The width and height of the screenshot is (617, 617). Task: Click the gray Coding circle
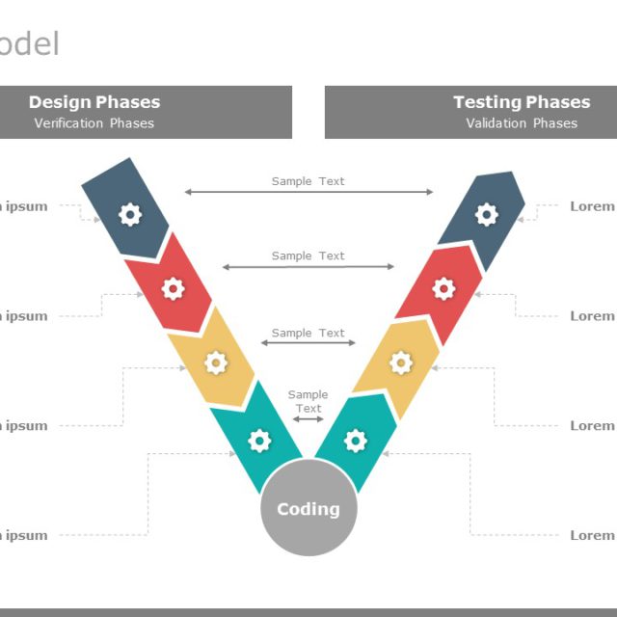coord(308,508)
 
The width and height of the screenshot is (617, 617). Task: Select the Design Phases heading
coord(94,102)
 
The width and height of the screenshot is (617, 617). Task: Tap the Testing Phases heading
coord(522,102)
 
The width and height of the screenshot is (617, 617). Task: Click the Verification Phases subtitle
coord(94,123)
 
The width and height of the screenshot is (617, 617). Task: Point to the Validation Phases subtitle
coord(522,123)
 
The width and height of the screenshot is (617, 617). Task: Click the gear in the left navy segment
coord(130,214)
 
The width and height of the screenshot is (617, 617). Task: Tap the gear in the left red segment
coord(173,287)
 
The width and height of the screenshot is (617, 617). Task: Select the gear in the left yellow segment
coord(216,362)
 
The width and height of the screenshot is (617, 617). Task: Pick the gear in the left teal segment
coord(259,441)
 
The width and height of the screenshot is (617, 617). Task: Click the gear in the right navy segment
coord(487,214)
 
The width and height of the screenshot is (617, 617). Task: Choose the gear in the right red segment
coord(443,287)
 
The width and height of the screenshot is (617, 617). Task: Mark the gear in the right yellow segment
coord(401,362)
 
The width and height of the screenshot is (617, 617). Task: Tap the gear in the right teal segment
coord(356,441)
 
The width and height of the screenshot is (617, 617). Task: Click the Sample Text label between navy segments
coord(308,181)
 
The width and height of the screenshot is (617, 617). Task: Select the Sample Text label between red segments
coord(308,256)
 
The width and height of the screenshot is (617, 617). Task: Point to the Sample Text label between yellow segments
coord(308,334)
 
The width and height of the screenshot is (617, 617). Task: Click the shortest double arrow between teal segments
coord(308,419)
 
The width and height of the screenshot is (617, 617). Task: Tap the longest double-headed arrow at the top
coord(308,192)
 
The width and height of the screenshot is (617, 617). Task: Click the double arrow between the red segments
coord(308,267)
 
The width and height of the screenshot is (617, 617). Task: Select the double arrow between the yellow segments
coord(308,343)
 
